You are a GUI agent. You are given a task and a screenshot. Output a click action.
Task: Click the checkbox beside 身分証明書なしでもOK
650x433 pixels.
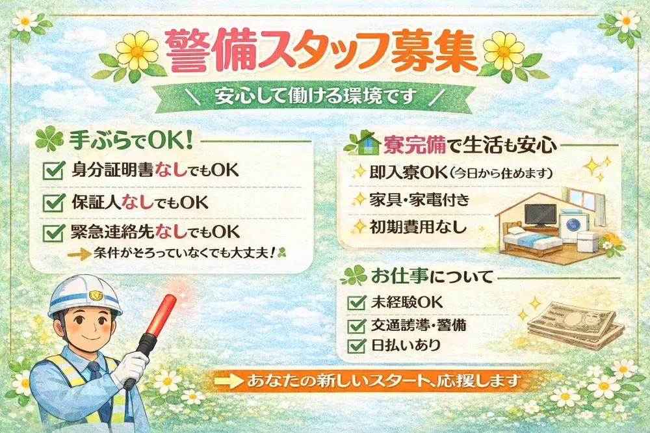click(51, 171)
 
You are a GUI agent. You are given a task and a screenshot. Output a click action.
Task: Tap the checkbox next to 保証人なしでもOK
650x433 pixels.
click(51, 202)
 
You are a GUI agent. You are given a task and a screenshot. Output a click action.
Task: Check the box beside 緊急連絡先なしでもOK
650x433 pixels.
click(51, 232)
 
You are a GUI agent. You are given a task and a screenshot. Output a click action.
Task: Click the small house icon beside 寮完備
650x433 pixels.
click(359, 143)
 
